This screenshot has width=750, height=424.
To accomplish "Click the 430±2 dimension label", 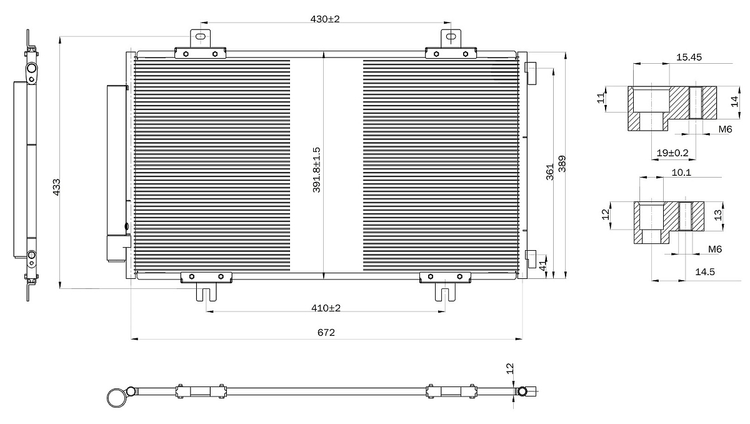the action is pos(325,19).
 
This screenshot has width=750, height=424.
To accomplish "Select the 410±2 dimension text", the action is pos(326,308).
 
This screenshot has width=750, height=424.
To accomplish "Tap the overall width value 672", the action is pos(326,333).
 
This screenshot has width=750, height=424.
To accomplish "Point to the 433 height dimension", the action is pos(57,187).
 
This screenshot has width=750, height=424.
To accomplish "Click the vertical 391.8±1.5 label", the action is pos(316,170).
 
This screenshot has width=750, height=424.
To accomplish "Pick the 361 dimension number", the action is pos(550,172).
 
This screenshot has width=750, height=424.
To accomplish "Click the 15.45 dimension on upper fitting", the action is pos(689,58).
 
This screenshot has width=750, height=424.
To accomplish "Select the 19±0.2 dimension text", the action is pos(672,153).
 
